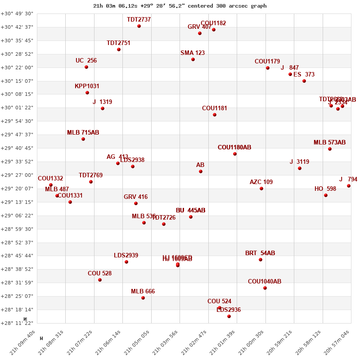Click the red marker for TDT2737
139,26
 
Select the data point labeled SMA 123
193,59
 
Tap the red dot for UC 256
86,67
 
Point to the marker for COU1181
215,115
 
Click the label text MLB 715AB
83,133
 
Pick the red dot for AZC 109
261,189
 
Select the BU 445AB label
190,211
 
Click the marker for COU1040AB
265,288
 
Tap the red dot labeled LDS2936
229,316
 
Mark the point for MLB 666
143,298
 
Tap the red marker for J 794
349,186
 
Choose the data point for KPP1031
87,93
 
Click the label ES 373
304,75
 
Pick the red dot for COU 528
100,280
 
